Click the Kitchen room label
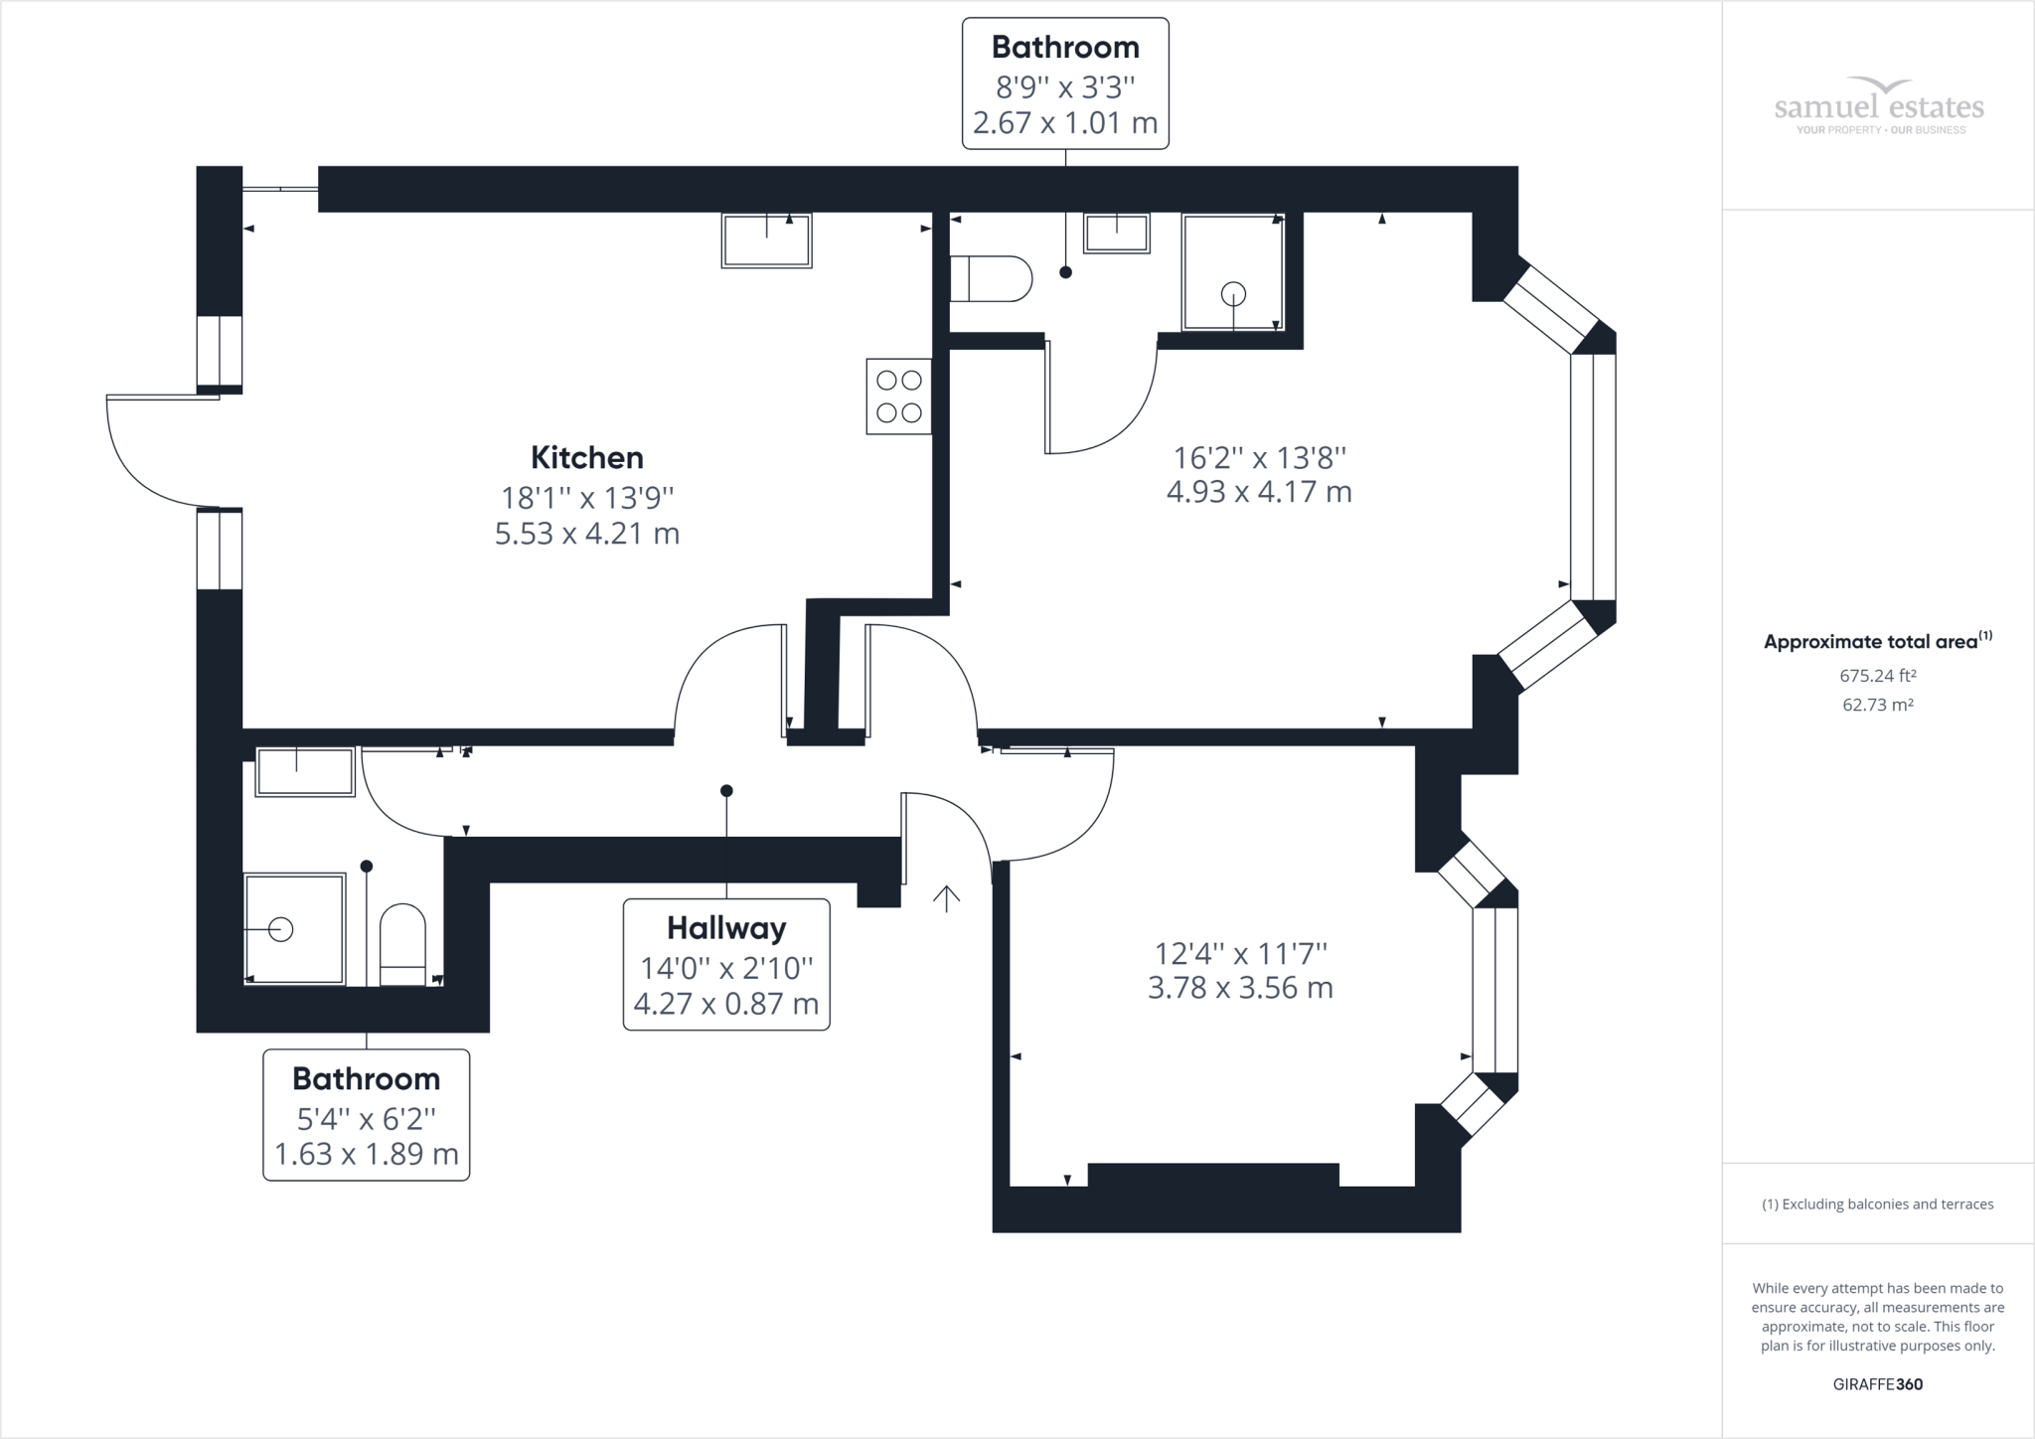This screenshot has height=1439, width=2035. coord(587,457)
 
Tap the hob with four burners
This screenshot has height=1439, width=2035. coord(899,396)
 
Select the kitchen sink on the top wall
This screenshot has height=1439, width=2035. coord(766,240)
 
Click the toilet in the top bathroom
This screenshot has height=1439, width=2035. coord(992,279)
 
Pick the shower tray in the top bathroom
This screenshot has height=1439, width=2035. coord(1233,272)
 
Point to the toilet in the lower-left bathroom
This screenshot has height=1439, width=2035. coord(403,944)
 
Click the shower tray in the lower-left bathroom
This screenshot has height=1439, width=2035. coord(295,929)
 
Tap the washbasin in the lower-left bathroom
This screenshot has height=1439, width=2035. coord(305,772)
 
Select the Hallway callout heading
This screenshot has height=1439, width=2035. coord(726,928)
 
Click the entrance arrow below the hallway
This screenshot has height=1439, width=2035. coord(946,898)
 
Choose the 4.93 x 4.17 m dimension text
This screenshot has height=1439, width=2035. coord(1259,492)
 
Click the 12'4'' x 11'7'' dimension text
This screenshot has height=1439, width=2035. coord(1241,954)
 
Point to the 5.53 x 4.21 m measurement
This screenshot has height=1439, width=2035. coord(587,534)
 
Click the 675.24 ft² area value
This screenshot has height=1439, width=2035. coord(1878,676)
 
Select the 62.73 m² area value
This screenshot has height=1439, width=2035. coord(1878,705)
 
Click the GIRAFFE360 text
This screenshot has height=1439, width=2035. coord(1878,1384)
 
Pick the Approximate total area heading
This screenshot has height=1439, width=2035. coord(1878,641)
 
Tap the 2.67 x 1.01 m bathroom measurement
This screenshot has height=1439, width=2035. coord(1065,123)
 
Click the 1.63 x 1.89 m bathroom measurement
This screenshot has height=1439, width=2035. coord(367,1155)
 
